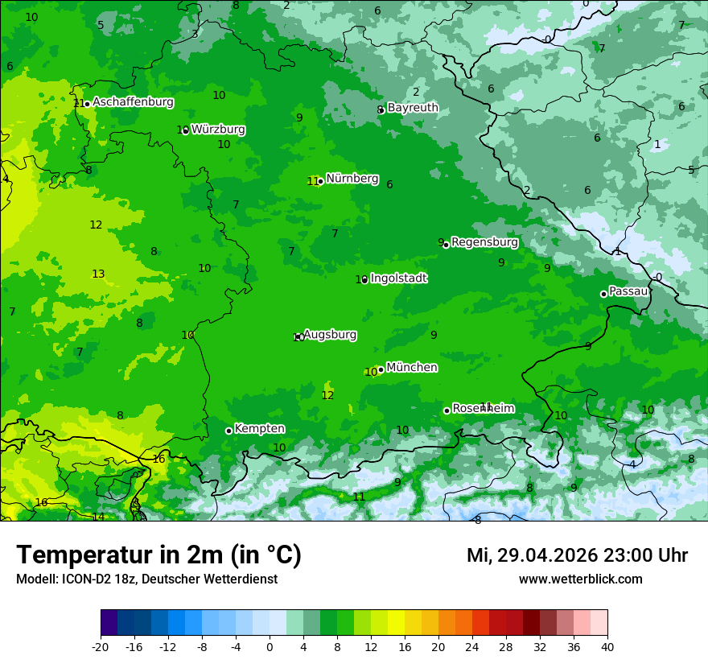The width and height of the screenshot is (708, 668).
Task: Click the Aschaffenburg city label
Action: click(133, 102)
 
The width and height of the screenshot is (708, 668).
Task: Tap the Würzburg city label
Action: click(218, 130)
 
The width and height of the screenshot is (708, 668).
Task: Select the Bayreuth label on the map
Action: click(413, 108)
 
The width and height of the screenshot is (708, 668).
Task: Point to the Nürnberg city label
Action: click(352, 179)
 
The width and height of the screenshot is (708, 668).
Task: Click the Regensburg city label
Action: click(484, 242)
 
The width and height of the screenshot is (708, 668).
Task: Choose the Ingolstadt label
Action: click(398, 278)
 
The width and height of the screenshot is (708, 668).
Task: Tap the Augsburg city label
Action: click(330, 335)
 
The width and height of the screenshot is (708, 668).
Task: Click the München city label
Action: click(412, 368)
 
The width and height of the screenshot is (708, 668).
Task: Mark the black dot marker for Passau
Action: click(603, 294)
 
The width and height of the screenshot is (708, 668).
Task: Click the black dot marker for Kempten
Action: click(228, 431)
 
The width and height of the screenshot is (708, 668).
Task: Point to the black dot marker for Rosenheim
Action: click(447, 410)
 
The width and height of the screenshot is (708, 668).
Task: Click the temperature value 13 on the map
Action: click(98, 274)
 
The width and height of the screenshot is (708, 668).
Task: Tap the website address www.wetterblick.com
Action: click(580, 579)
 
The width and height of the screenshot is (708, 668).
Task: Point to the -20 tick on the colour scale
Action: click(101, 646)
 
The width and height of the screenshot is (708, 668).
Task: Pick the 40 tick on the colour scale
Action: click(607, 646)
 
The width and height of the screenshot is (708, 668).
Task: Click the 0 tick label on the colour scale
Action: click(270, 646)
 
